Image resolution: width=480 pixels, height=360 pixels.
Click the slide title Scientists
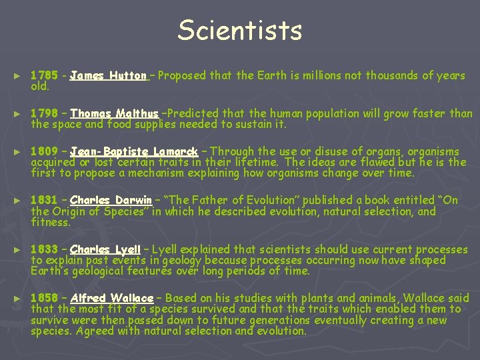240,31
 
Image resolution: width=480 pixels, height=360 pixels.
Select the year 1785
44,76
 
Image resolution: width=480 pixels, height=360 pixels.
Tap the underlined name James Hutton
108,76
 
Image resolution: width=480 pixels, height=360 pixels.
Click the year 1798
44,114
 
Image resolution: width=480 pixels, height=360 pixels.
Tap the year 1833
44,250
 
